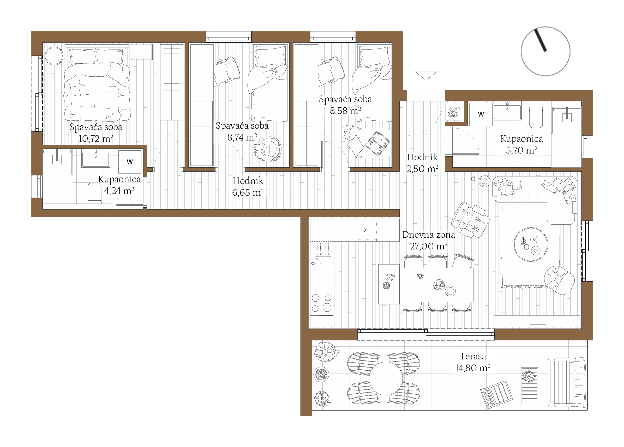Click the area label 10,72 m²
point(96,139)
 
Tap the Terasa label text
point(473,356)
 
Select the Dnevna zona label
point(428,235)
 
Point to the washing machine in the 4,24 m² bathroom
point(130,162)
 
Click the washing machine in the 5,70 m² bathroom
point(481,114)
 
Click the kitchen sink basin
point(323,263)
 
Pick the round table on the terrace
point(386,378)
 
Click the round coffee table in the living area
point(531,244)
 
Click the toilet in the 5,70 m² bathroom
point(536,117)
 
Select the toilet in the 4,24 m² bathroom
point(95,193)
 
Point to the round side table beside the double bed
point(54,56)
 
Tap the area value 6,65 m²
point(248,192)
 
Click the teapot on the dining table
point(389,277)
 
